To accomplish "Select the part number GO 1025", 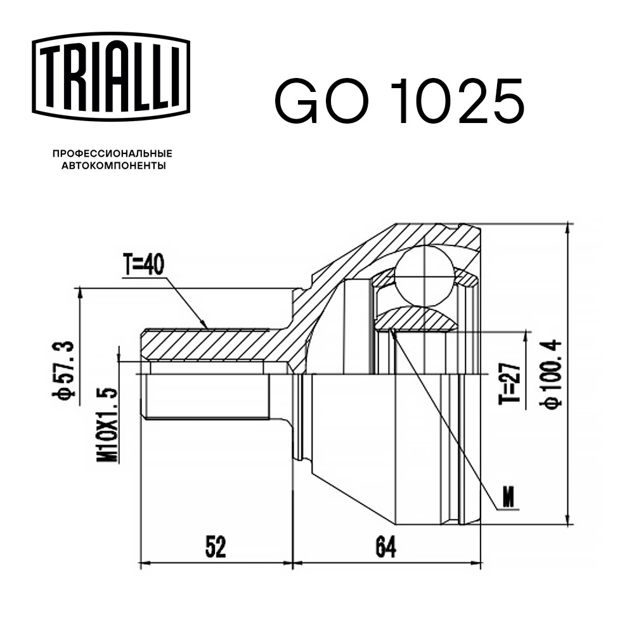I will pos(399,101).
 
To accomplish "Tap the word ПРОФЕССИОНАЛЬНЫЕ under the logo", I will pos(112,153).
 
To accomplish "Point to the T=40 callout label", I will pos(143,264).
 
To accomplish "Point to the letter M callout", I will pos(508,498).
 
